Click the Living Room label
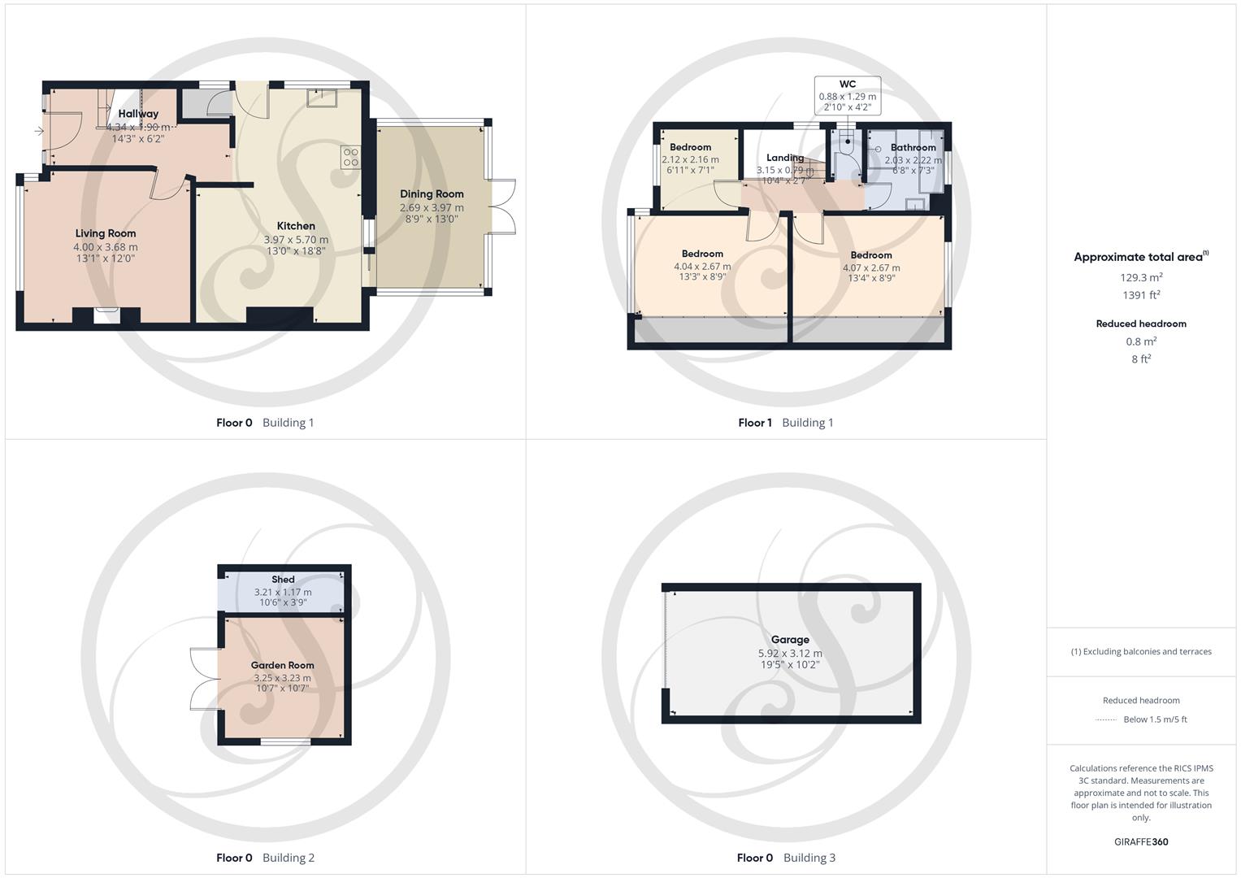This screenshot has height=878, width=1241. click(x=106, y=233)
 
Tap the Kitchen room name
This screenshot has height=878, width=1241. click(x=296, y=226)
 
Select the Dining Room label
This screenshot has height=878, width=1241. click(x=432, y=194)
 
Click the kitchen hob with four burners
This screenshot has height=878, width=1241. click(x=350, y=157)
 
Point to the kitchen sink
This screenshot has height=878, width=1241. click(x=322, y=98)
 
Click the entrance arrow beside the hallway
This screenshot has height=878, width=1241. click(x=38, y=130)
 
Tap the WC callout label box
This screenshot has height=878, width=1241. click(x=847, y=95)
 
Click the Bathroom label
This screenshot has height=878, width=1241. click(x=913, y=148)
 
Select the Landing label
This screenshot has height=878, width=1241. click(x=784, y=158)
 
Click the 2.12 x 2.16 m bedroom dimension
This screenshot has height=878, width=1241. click(x=690, y=159)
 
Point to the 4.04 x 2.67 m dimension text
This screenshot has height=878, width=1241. click(x=702, y=266)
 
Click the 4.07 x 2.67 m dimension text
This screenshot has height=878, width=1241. click(x=871, y=267)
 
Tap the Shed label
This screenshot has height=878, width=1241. click(x=283, y=580)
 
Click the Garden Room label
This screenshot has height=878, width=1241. click(x=282, y=665)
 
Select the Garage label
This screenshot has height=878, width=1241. click(x=790, y=640)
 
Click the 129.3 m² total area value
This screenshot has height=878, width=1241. click(x=1141, y=277)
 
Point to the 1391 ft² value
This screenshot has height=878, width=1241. click(x=1141, y=295)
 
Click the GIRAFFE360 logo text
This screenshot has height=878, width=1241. click(x=1141, y=842)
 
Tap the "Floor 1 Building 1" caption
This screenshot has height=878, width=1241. click(x=785, y=423)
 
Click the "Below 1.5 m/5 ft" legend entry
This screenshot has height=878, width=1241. click(x=1154, y=719)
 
